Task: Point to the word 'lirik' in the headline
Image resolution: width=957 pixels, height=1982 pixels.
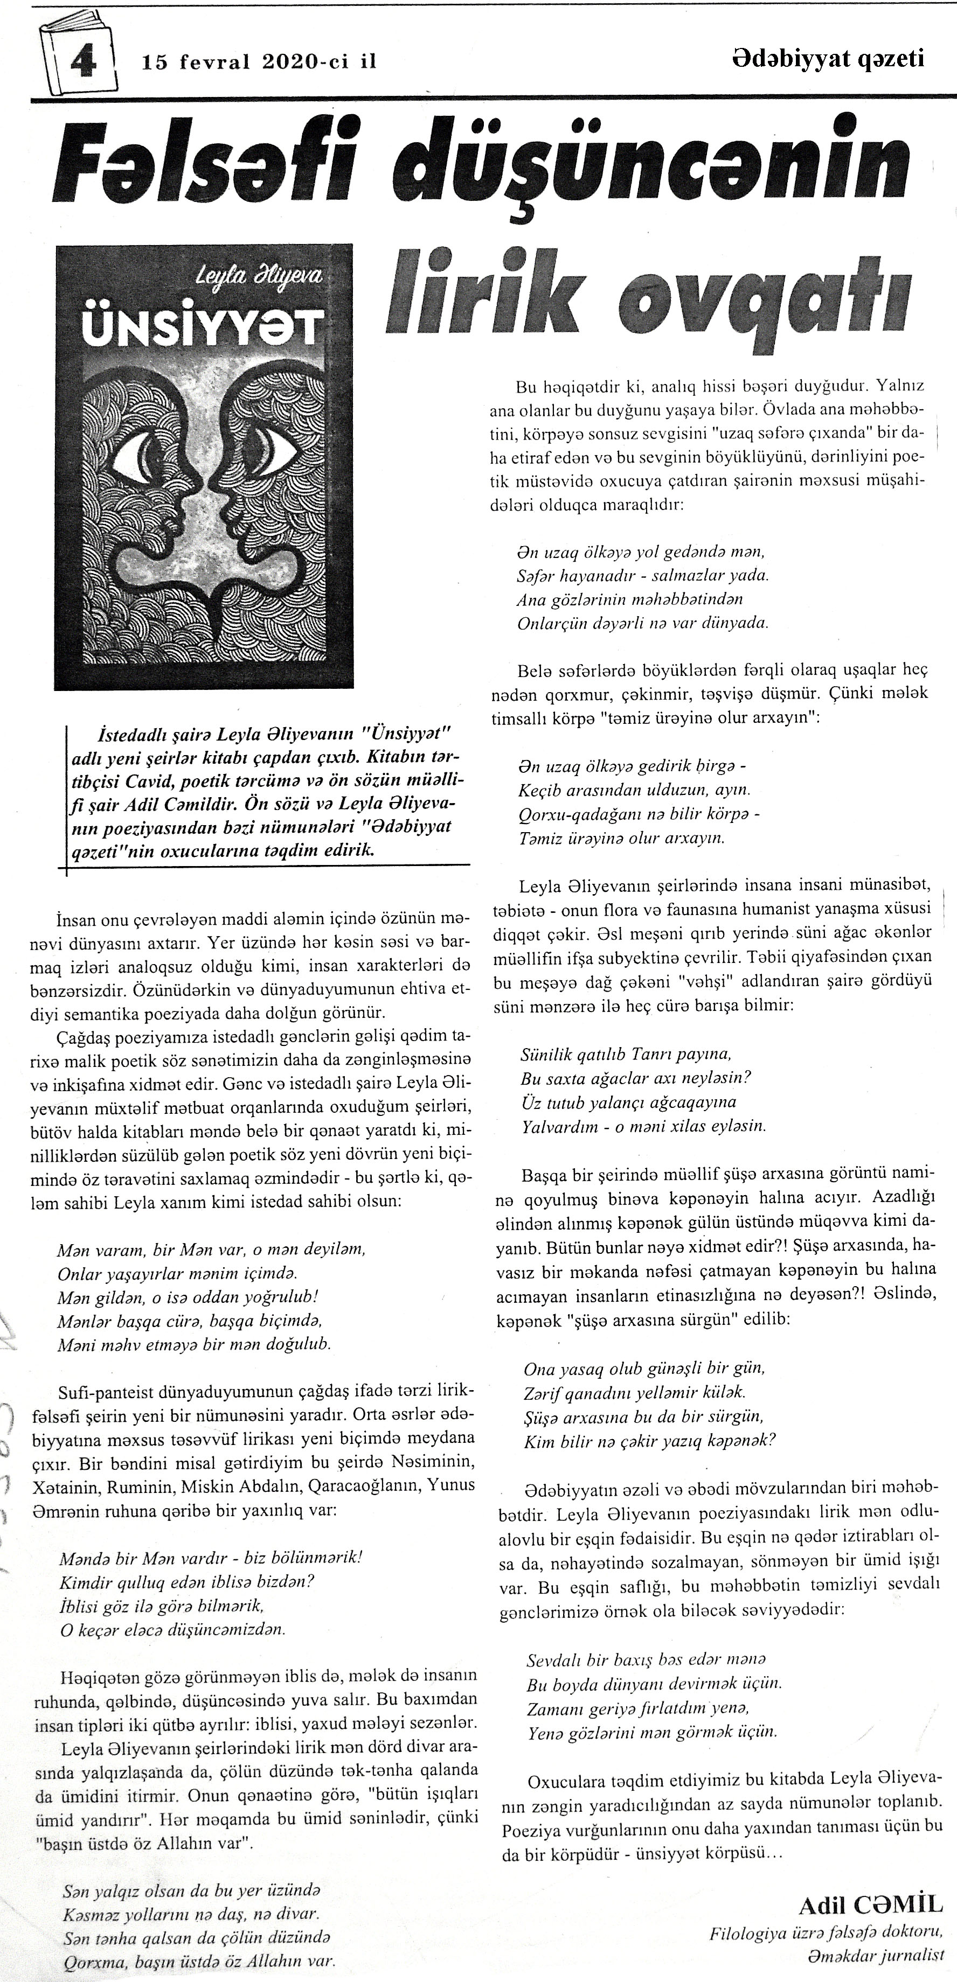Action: click(477, 291)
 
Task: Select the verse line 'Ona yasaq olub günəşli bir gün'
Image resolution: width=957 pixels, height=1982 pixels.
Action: click(643, 1369)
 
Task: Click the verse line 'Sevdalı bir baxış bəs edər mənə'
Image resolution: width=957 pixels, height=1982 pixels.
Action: click(646, 1659)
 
